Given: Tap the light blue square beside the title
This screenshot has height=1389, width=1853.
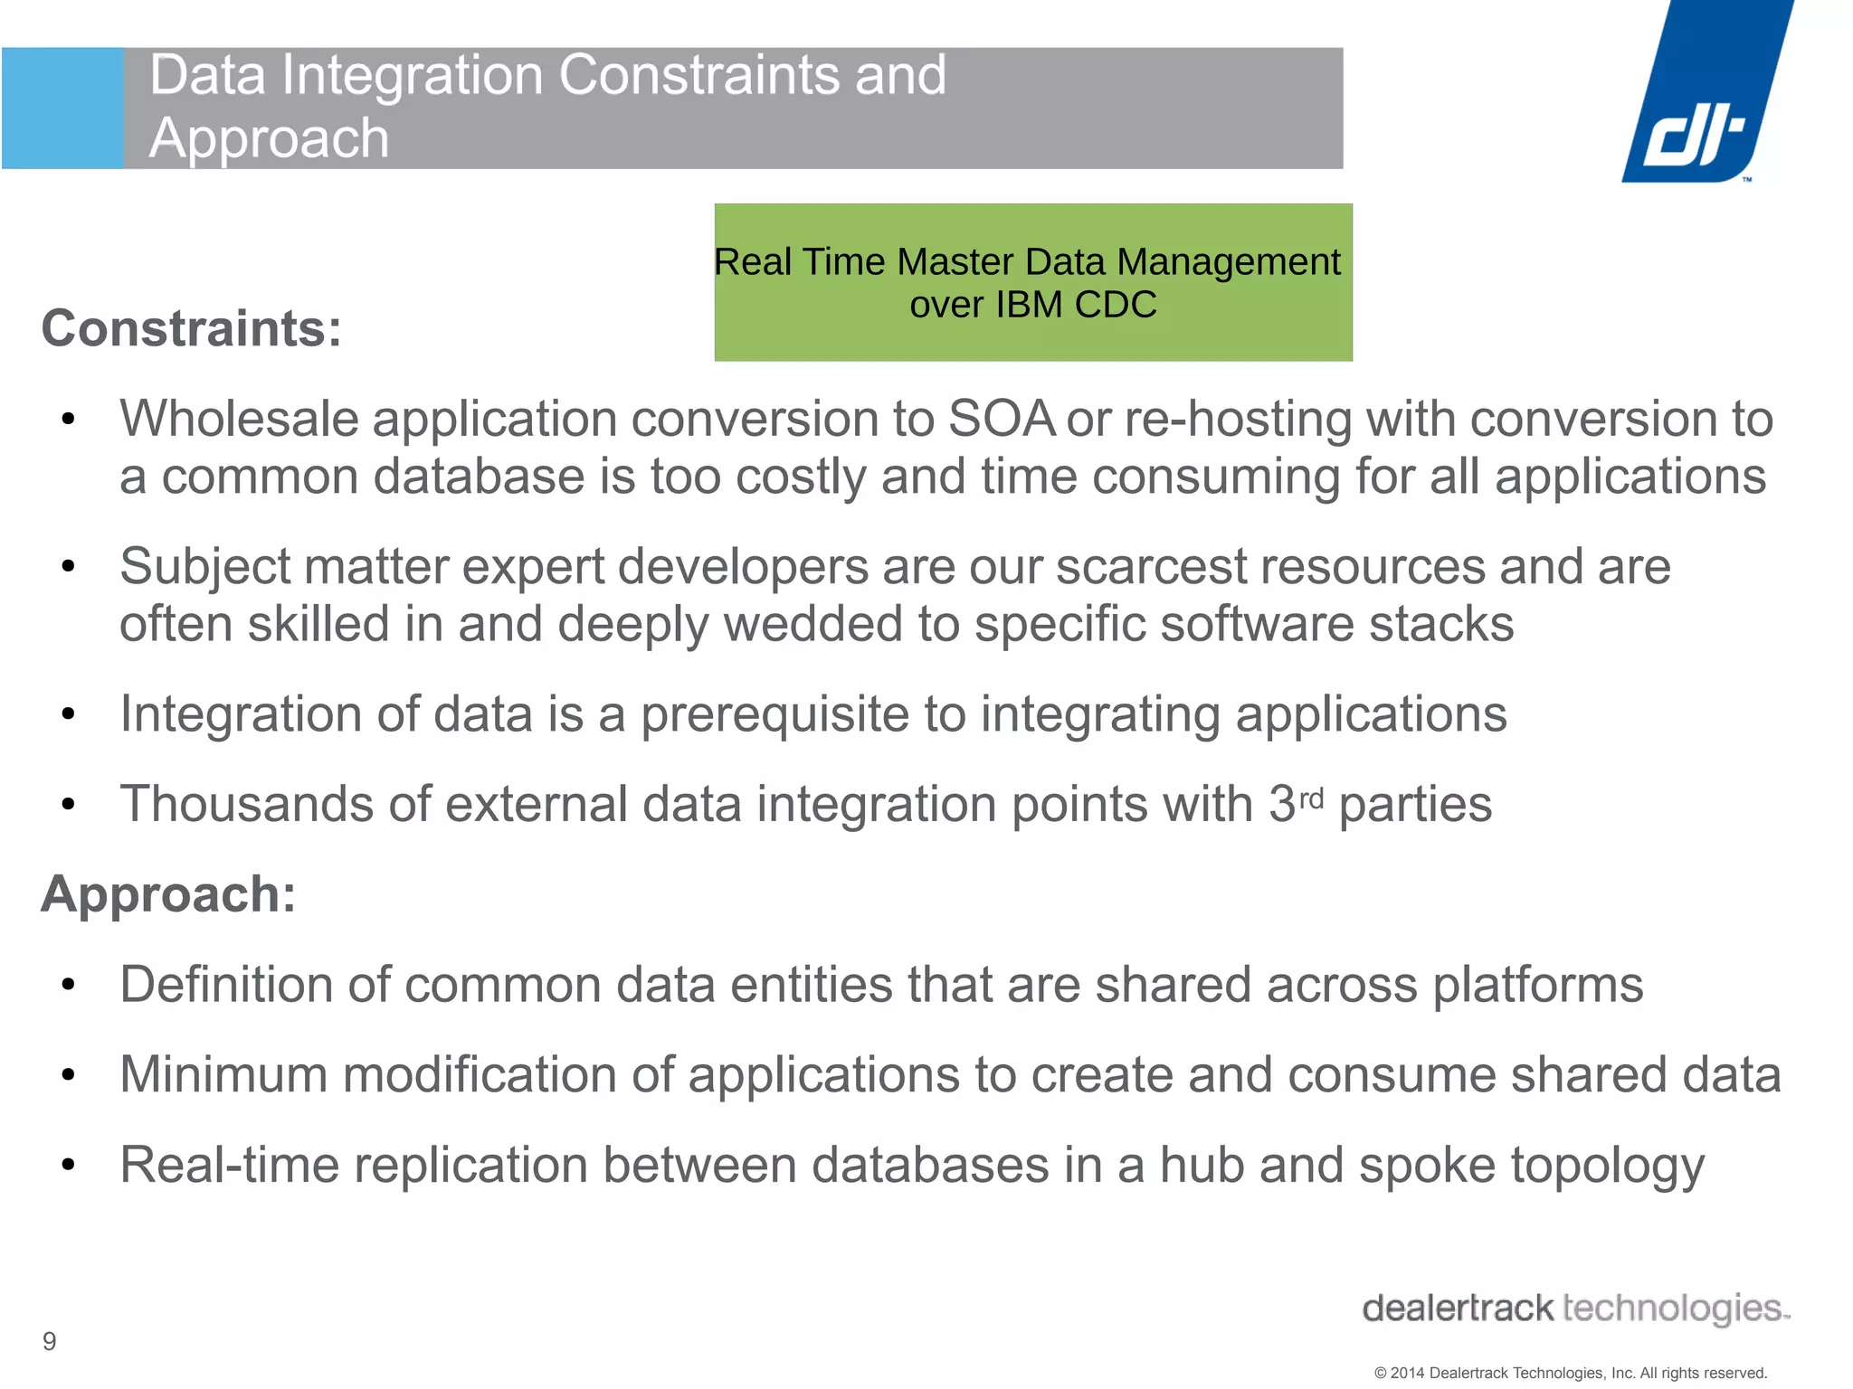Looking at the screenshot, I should pyautogui.click(x=62, y=109).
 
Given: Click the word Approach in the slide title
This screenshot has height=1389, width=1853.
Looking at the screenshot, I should pyautogui.click(x=269, y=138).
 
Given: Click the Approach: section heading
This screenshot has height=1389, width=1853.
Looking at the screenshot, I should pyautogui.click(x=169, y=894).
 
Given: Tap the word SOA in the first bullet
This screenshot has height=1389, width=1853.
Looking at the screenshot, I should pyautogui.click(x=1001, y=419).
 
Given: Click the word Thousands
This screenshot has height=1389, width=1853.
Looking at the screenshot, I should pyautogui.click(x=247, y=804).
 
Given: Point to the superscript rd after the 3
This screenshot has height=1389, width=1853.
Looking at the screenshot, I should pyautogui.click(x=1311, y=797).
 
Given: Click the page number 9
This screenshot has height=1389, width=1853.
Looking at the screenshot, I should pyautogui.click(x=50, y=1341).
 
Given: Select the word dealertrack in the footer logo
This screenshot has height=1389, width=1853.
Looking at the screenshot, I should pyautogui.click(x=1458, y=1309).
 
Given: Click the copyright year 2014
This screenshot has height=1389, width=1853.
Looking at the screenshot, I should pyautogui.click(x=1408, y=1373).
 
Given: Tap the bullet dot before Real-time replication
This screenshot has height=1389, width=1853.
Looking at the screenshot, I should pyautogui.click(x=68, y=1165).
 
